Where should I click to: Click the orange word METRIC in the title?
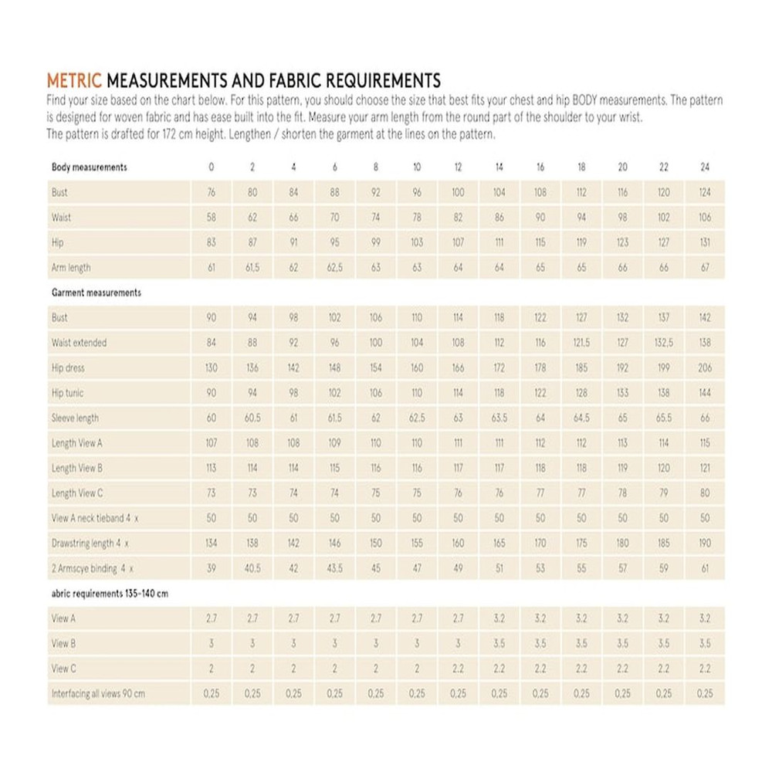[74, 80]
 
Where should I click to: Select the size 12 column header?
[458, 167]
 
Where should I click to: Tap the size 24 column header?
[705, 167]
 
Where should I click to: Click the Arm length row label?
[71, 268]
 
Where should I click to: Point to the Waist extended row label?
[79, 343]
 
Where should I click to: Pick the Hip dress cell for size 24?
[705, 368]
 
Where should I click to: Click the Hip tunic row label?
[67, 393]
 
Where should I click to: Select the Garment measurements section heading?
[96, 293]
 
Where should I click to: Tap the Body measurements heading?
[89, 167]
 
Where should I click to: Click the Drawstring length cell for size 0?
[212, 543]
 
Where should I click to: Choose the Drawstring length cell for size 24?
[705, 543]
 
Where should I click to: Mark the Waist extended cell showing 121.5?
[581, 343]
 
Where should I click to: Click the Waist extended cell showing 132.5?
[664, 343]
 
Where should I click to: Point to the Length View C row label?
[75, 493]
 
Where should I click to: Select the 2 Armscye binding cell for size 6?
[334, 568]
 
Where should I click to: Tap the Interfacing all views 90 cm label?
[98, 694]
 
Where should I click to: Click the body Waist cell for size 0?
[212, 218]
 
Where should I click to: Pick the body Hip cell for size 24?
[705, 242]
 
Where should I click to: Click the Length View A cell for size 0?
[212, 443]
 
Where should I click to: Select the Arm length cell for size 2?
[252, 268]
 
